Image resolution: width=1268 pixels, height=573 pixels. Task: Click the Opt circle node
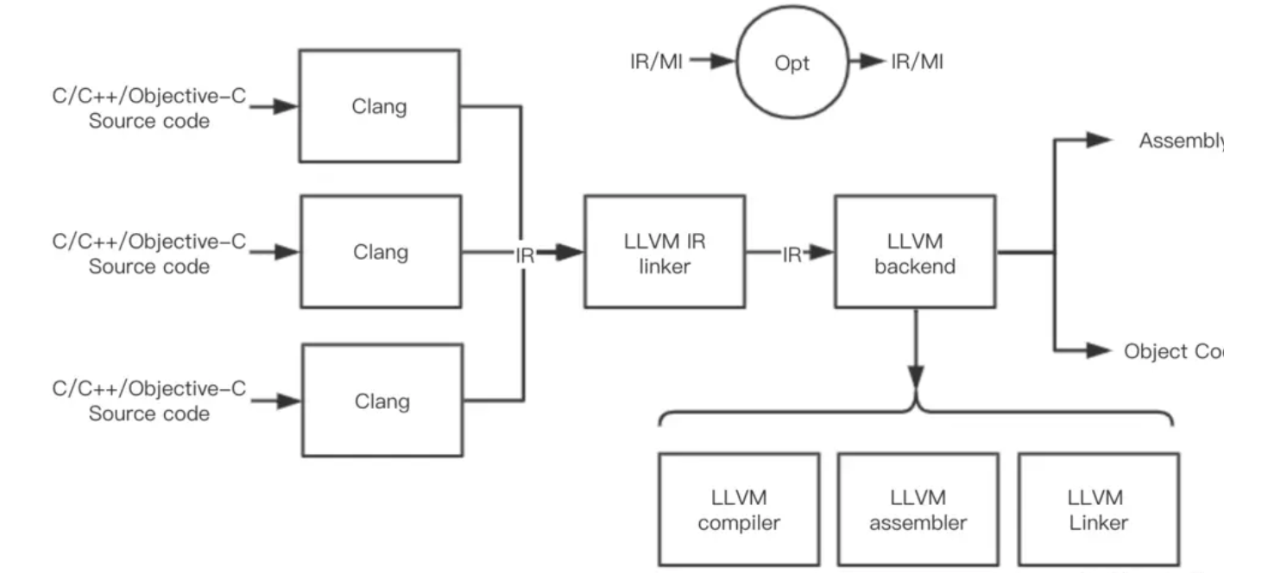[792, 63]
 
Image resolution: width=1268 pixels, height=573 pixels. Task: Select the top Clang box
[380, 106]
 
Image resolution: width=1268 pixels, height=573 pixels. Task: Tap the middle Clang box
[380, 251]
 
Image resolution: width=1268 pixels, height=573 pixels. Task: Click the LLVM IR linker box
[664, 253]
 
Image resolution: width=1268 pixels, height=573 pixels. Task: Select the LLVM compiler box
[738, 510]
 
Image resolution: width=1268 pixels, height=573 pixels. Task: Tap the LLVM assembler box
[918, 510]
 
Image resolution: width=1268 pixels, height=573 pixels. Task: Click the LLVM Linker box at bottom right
[1097, 510]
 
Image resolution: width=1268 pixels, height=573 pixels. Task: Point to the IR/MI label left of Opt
[656, 62]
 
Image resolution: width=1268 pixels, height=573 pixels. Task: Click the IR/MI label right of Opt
[917, 62]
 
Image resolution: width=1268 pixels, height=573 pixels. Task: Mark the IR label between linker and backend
[792, 255]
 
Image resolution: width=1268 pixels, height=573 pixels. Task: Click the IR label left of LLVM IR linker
[525, 255]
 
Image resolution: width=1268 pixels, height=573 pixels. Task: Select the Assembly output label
[1179, 142]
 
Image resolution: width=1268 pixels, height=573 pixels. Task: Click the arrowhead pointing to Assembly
[1099, 140]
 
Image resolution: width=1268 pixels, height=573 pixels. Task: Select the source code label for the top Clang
[149, 110]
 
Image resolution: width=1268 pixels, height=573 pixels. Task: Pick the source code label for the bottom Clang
[149, 401]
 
